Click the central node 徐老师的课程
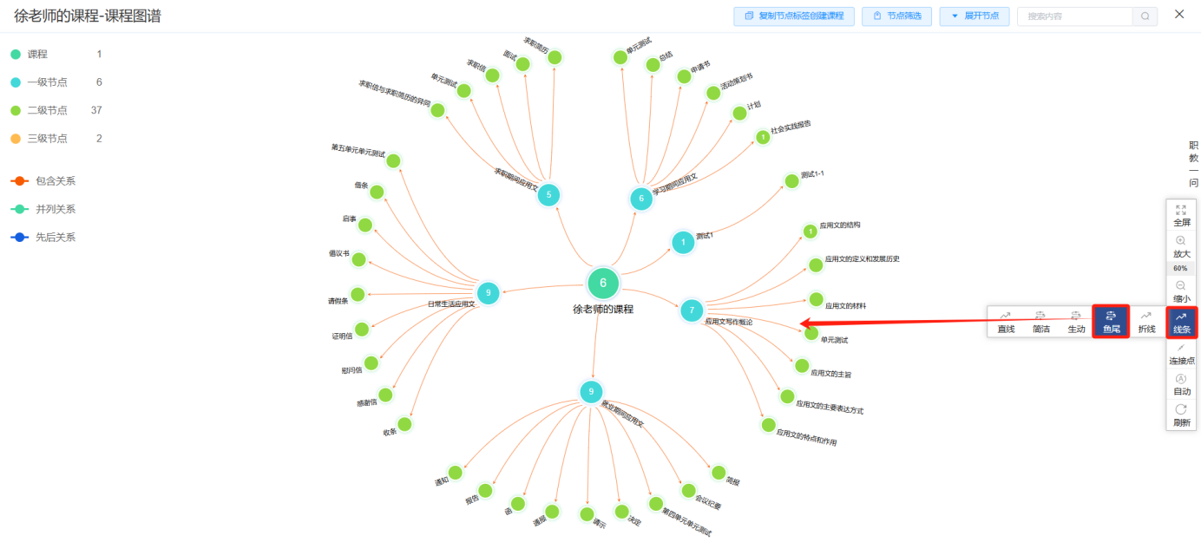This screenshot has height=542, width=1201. click(x=603, y=284)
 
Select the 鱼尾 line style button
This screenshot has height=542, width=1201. click(x=1111, y=321)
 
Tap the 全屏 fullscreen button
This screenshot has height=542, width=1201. click(x=1181, y=215)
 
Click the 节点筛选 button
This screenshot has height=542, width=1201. click(x=897, y=16)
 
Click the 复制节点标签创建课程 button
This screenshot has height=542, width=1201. click(x=794, y=16)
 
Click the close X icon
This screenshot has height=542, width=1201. click(x=1179, y=15)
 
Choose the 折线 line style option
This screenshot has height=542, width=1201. click(x=1146, y=321)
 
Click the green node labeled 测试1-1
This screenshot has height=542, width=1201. click(x=791, y=181)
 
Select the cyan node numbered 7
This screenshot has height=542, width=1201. click(x=692, y=310)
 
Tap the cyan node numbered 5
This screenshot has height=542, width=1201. click(x=548, y=195)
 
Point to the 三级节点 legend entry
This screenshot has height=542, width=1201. click(x=47, y=138)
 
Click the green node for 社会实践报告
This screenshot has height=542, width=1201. click(x=763, y=136)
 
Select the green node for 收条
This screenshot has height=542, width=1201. click(x=404, y=424)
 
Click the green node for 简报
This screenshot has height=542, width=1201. click(x=719, y=473)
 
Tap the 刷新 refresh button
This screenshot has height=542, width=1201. click(x=1181, y=415)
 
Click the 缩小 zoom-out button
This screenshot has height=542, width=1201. click(x=1181, y=291)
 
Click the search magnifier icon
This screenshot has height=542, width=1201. click(x=1145, y=16)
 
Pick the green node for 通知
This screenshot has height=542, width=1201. click(x=456, y=473)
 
